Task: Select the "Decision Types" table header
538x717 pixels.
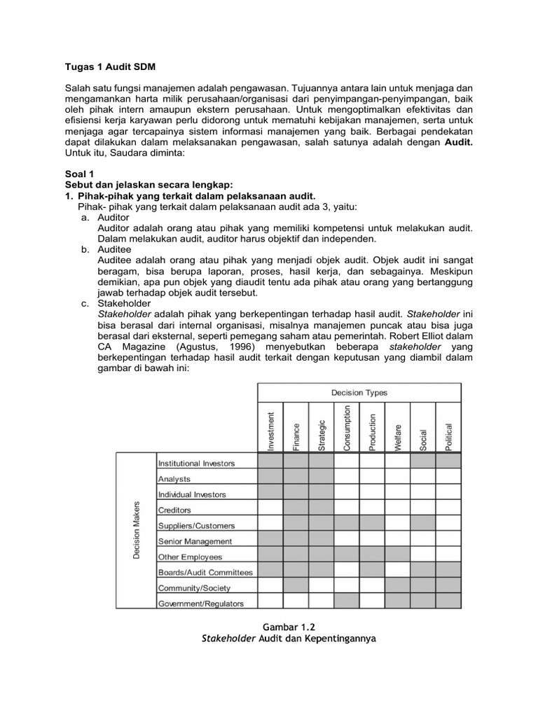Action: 360,393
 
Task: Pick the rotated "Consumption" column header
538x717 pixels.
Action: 347,428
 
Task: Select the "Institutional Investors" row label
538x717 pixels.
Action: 197,463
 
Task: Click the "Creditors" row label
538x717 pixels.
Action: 174,510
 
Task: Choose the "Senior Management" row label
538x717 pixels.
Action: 195,541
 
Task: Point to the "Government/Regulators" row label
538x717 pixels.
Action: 201,603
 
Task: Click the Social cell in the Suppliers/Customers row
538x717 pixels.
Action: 422,524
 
